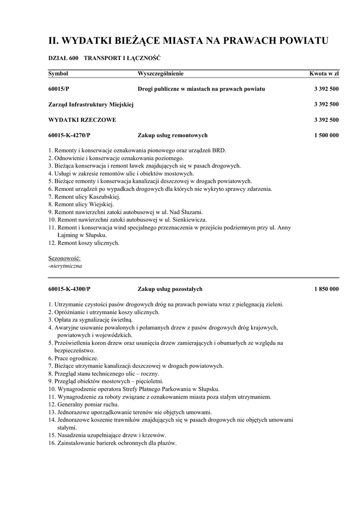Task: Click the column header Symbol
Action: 58,74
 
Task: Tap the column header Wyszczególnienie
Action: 161,74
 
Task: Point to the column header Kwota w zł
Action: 324,74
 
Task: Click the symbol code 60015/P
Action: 59,89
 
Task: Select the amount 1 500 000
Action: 326,135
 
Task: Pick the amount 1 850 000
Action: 326,289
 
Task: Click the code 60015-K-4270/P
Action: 69,135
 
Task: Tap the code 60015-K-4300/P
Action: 69,289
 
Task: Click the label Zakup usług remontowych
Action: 172,135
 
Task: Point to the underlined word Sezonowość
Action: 64,258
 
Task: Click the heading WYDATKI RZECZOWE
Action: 82,120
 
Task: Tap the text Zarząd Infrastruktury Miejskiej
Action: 91,104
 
